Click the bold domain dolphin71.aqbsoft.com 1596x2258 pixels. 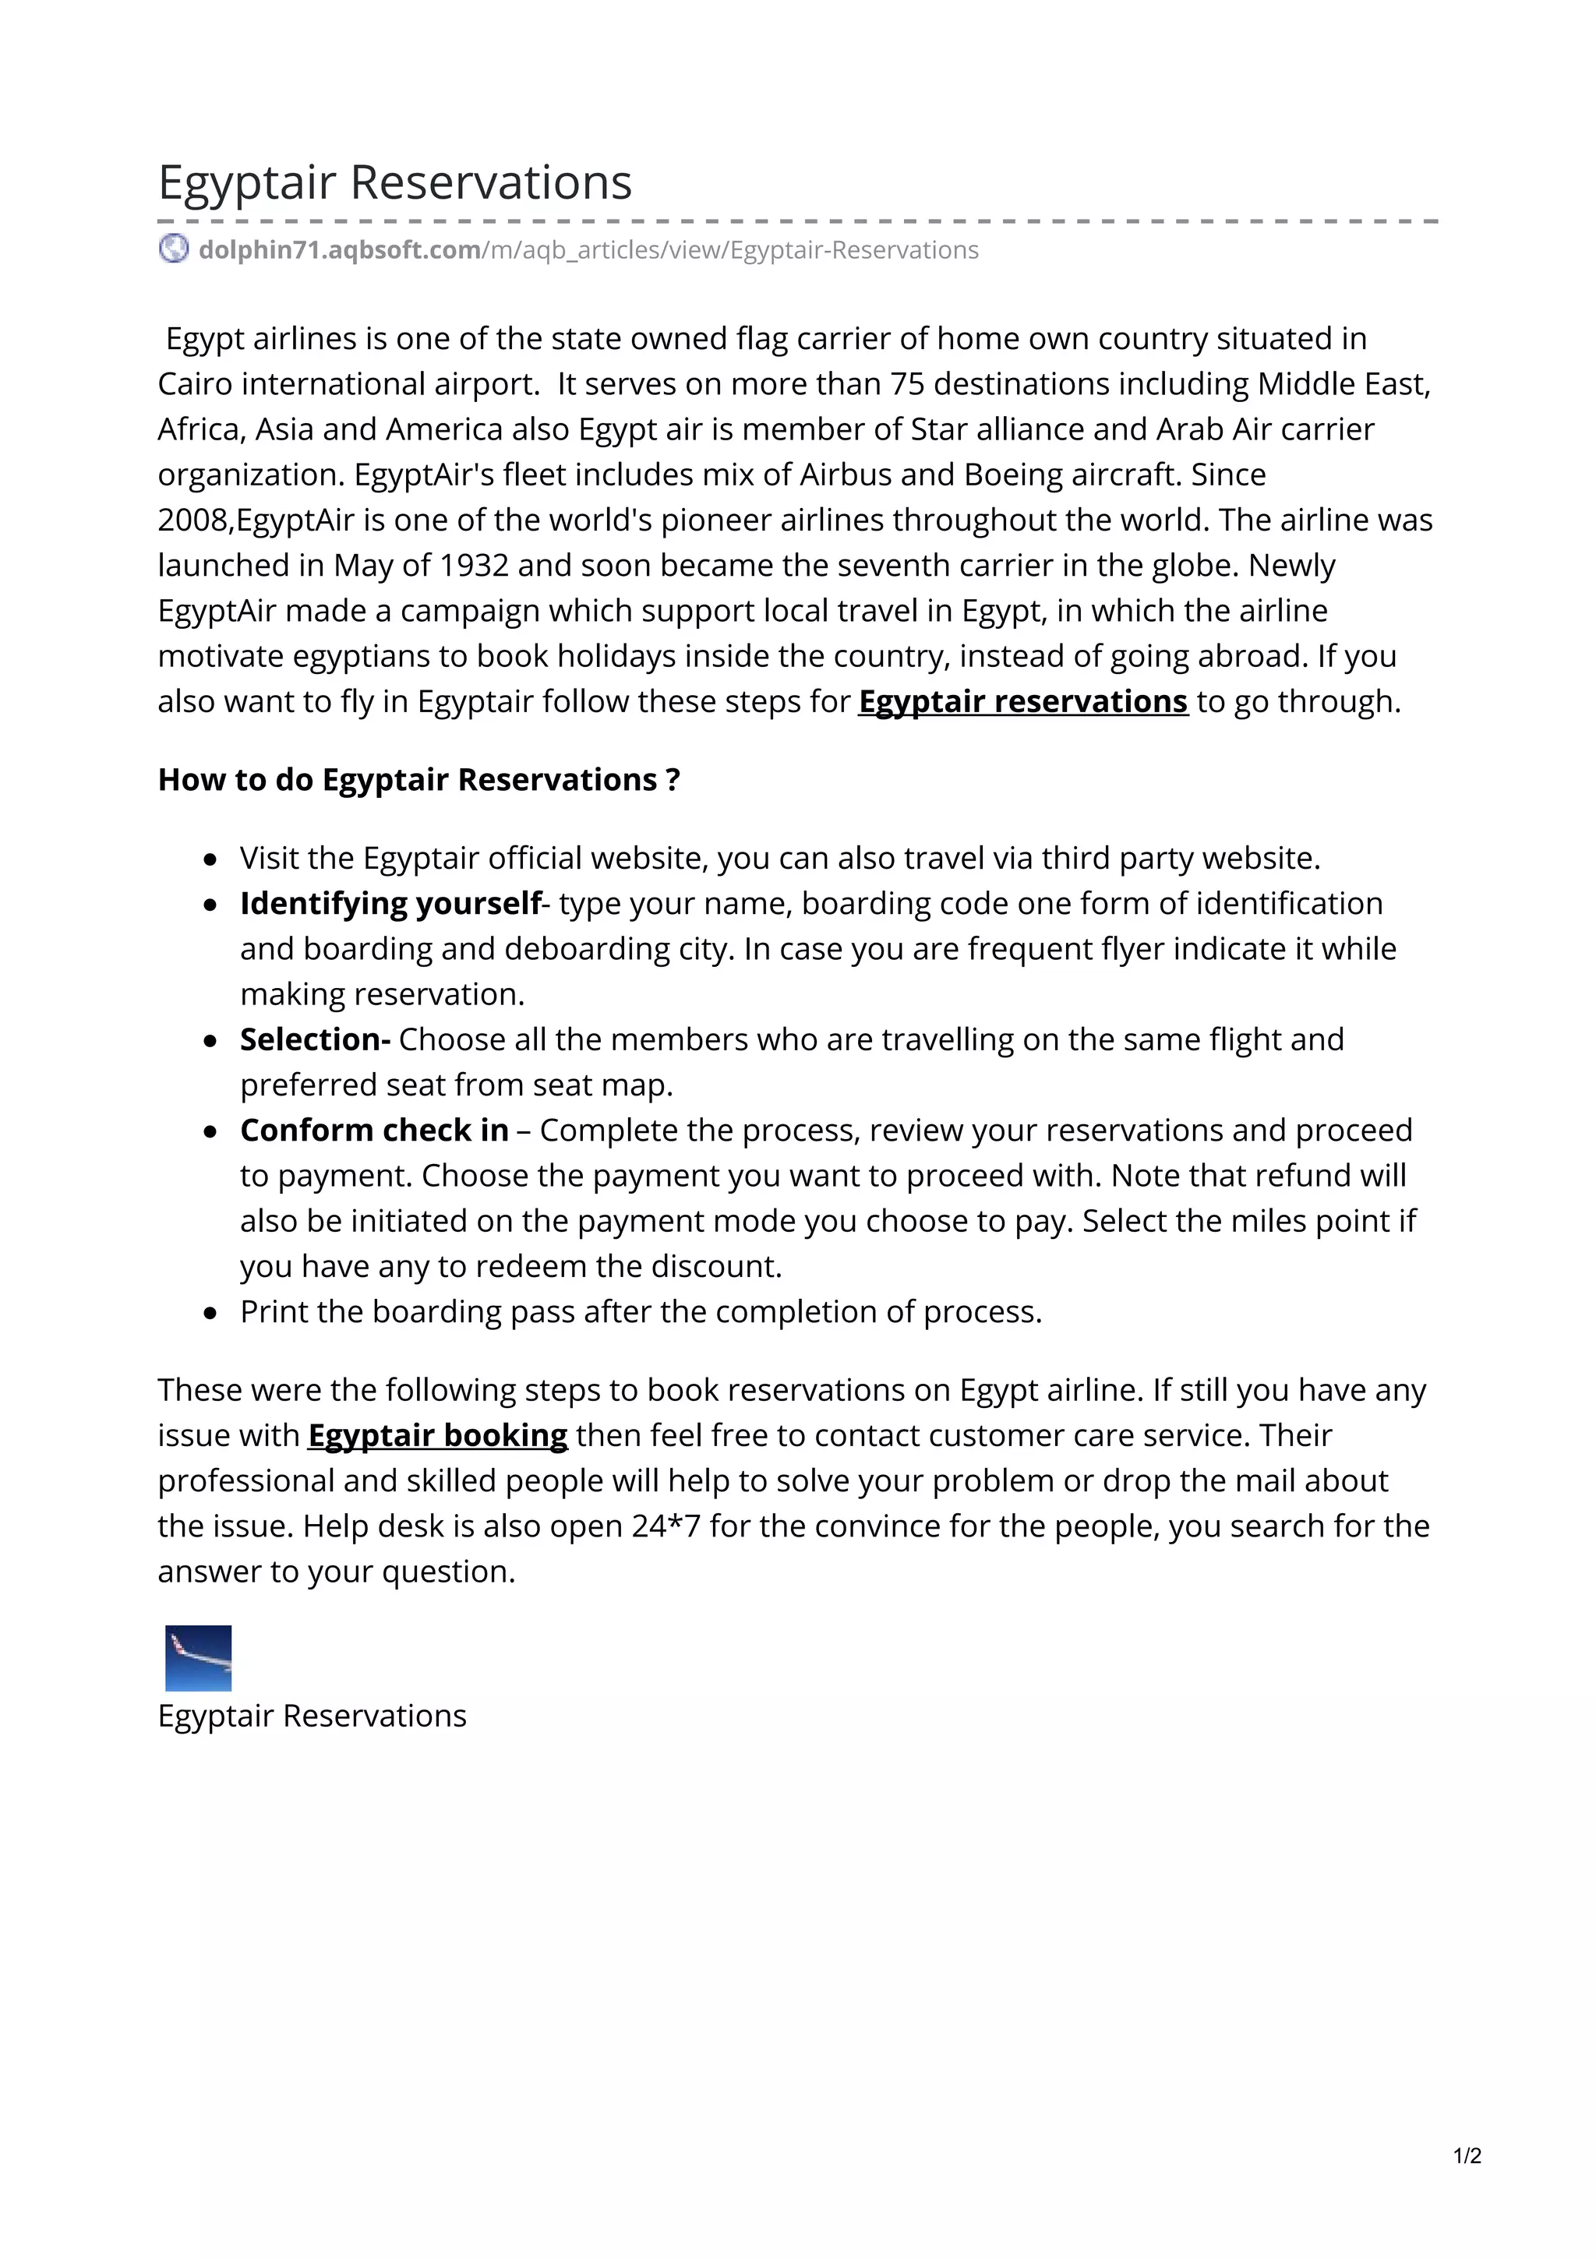pyautogui.click(x=339, y=251)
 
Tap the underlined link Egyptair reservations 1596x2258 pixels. pyautogui.click(x=1022, y=702)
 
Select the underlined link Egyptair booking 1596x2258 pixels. pyautogui.click(x=438, y=1436)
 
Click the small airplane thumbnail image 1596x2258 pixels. pyautogui.click(x=198, y=1658)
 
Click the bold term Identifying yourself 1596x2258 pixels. pyautogui.click(x=390, y=904)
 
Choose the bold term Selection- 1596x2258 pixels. pyautogui.click(x=315, y=1039)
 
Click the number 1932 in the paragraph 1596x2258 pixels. pyautogui.click(x=474, y=566)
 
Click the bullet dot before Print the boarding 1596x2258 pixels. pyautogui.click(x=210, y=1313)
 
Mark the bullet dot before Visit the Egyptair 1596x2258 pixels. pyautogui.click(x=210, y=859)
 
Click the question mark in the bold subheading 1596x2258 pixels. pyautogui.click(x=673, y=780)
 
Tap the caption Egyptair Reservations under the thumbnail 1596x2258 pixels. pyautogui.click(x=312, y=1716)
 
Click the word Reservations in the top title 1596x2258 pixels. pyautogui.click(x=491, y=183)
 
